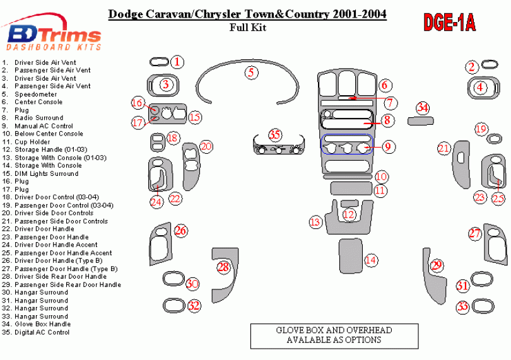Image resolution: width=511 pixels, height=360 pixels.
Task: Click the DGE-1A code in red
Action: (449, 23)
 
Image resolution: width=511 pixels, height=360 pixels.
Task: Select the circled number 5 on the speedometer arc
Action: (251, 73)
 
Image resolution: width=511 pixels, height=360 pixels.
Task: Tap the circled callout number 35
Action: (274, 135)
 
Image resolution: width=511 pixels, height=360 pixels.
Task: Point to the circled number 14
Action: (371, 260)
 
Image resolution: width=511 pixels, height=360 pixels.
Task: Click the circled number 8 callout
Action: (387, 120)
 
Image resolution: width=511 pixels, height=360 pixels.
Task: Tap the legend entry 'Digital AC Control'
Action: (42, 332)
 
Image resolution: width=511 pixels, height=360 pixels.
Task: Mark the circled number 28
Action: (223, 267)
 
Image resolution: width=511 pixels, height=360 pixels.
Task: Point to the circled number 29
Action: (436, 265)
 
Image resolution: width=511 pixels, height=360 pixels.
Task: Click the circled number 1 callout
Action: (178, 62)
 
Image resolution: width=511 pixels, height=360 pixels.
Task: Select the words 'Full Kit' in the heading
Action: (249, 27)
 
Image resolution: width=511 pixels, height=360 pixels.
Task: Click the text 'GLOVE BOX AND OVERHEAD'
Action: (334, 330)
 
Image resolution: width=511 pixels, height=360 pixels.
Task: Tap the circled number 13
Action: (315, 222)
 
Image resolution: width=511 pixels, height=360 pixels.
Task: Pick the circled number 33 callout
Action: (463, 307)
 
